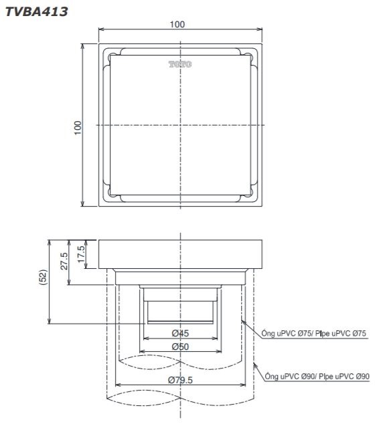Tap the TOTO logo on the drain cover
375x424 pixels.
pos(179,65)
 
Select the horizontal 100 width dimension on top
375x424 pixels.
pos(177,24)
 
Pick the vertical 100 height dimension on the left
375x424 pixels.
pos(78,125)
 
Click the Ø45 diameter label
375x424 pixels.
pos(179,333)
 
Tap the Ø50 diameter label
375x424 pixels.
pos(179,346)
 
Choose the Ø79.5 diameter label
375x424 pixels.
pos(181,381)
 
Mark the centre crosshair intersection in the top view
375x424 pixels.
pos(179,125)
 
